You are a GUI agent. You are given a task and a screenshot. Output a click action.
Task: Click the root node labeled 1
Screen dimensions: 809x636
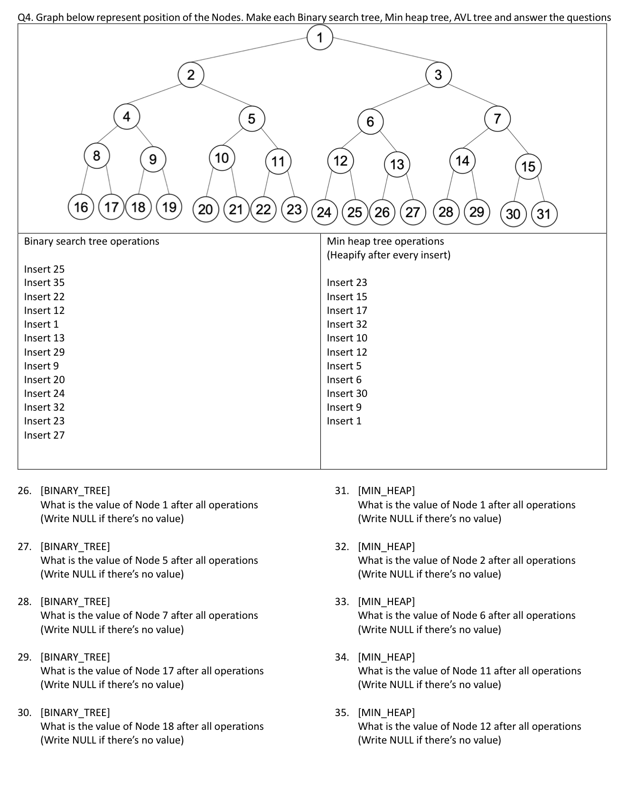[x=319, y=37]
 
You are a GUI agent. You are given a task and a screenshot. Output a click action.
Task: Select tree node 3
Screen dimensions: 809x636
[x=438, y=75]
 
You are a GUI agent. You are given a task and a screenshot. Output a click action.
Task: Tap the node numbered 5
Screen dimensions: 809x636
[x=252, y=119]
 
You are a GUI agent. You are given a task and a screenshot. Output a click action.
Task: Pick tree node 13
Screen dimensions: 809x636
[x=397, y=164]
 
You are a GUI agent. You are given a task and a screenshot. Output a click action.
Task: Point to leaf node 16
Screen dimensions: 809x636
[x=81, y=207]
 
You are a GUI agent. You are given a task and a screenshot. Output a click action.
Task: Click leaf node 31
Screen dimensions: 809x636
[x=543, y=214]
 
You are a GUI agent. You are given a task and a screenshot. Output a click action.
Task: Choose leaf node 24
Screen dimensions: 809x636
[x=324, y=211]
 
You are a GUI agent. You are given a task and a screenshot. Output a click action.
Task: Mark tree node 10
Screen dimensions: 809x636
[x=222, y=158]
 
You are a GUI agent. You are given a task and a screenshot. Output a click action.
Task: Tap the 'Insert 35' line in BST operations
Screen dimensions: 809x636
[x=44, y=283]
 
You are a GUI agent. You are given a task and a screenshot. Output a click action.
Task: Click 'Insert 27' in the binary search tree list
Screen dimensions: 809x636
[x=44, y=435]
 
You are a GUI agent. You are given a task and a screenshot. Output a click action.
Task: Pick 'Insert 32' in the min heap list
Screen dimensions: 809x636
[x=346, y=324]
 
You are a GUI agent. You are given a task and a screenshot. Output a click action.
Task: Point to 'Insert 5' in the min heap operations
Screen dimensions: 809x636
[x=344, y=366]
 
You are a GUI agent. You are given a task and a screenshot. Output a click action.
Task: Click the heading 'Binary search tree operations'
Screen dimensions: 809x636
[x=92, y=241]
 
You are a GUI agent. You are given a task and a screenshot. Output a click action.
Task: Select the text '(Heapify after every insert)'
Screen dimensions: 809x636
[x=388, y=255]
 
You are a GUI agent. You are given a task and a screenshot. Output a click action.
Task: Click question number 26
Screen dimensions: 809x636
[x=24, y=491]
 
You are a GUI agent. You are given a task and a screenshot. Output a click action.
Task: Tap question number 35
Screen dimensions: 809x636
[x=341, y=712]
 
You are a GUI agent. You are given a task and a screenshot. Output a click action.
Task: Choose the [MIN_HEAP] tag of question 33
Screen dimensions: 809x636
[x=386, y=602]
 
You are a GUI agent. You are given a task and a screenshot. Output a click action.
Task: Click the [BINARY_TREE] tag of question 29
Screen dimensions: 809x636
[x=75, y=657]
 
